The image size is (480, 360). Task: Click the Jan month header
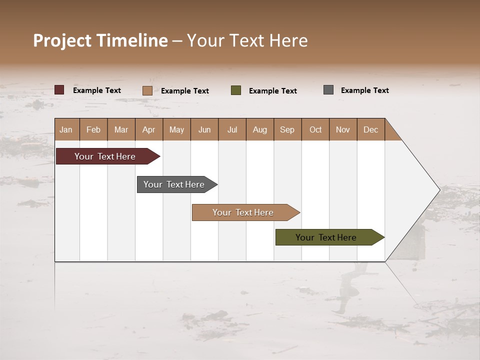click(66, 130)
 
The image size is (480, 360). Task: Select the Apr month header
click(148, 130)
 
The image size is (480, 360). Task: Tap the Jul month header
click(232, 130)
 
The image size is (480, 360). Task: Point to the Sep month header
click(287, 130)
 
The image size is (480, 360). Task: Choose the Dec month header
click(370, 130)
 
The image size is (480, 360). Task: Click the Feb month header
click(93, 130)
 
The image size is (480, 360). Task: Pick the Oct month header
click(315, 130)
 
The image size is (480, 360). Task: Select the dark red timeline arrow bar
click(105, 156)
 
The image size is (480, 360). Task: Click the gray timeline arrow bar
click(174, 184)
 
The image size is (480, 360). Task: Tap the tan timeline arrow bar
click(243, 212)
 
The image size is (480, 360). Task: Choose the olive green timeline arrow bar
click(326, 237)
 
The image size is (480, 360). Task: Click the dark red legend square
click(59, 90)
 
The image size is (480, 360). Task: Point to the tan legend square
click(147, 90)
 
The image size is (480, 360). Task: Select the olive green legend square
click(236, 90)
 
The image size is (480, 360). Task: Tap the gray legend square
click(328, 90)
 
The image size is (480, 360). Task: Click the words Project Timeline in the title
click(100, 40)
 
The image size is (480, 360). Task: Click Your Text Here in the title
click(247, 40)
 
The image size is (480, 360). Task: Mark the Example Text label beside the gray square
click(364, 90)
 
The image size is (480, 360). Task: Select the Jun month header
click(204, 130)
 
